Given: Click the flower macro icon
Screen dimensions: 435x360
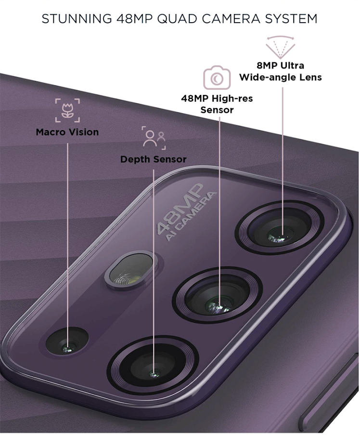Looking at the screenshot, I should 67,110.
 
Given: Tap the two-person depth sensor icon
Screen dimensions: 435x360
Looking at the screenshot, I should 154,138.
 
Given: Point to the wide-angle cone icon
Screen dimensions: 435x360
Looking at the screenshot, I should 280,46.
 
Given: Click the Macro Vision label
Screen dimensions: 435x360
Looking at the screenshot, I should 67,132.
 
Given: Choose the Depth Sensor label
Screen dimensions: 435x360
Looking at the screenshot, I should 153,159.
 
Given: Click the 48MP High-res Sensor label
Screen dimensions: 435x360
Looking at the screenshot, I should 217,104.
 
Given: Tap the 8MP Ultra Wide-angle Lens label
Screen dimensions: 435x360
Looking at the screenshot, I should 280,71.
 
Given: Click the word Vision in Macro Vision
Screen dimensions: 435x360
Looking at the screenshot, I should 83,132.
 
